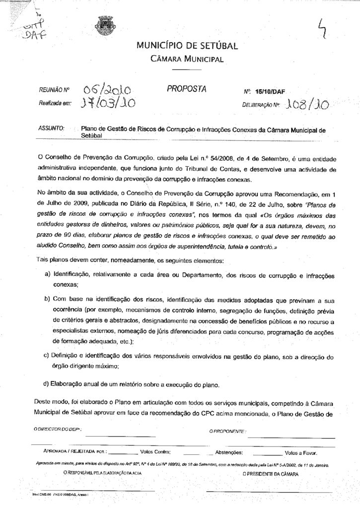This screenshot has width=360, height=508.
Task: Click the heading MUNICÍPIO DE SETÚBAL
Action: click(187, 47)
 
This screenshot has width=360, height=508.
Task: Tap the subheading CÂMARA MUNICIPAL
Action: click(187, 60)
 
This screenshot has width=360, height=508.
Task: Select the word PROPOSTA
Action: click(186, 89)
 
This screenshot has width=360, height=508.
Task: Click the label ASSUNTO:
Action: click(52, 128)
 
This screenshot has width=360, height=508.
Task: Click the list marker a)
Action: click(48, 274)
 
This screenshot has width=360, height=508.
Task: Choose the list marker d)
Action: click(48, 384)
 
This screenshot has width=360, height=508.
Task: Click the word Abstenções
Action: click(229, 452)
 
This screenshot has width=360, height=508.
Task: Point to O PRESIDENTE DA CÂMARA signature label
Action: click(271, 474)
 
